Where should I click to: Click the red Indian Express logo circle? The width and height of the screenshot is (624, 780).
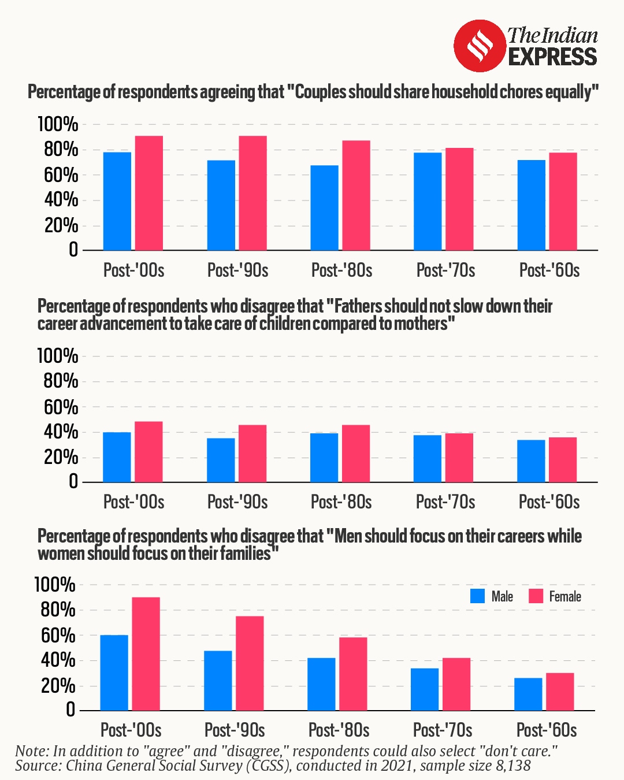pos(480,46)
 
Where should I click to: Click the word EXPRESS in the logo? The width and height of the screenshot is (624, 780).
pos(552,57)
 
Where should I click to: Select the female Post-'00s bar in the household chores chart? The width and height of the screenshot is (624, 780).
pos(149,193)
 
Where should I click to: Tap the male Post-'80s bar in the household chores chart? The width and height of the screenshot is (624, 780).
pos(324,208)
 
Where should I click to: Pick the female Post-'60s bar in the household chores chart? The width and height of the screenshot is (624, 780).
pos(563,201)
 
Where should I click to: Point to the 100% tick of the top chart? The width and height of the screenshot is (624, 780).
pos(58,124)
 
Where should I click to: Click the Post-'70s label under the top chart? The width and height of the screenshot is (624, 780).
pos(445,270)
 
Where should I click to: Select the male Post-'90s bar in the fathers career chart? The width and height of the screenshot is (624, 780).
pos(221,460)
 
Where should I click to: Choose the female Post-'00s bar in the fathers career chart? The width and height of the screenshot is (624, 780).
pos(148,452)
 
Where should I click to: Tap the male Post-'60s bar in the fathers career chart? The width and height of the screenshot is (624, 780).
pos(531,461)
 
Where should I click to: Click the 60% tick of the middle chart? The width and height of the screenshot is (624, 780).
pos(61,407)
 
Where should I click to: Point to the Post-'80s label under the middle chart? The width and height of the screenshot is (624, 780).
pos(341,502)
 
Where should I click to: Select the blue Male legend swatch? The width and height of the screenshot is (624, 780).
pos(478,596)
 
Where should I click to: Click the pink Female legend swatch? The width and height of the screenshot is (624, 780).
pos(536,596)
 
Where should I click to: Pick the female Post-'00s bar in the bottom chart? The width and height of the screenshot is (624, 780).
pos(146,654)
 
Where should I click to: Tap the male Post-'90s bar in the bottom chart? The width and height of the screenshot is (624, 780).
pos(218,681)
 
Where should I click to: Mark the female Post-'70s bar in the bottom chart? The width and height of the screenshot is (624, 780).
pos(456,684)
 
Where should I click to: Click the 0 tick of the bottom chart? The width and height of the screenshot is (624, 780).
pos(70,710)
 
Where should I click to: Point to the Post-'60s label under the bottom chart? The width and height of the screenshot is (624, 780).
pos(547,730)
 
